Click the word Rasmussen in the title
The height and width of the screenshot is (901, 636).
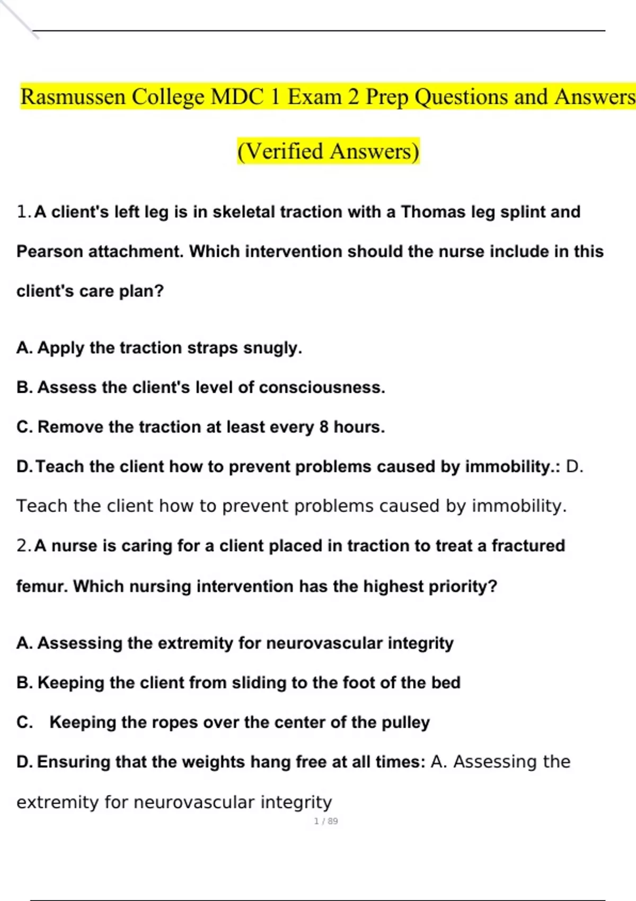[73, 97]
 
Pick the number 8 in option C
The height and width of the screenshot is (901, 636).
[324, 427]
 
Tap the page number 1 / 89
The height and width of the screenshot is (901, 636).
[326, 821]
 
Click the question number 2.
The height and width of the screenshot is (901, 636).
[23, 546]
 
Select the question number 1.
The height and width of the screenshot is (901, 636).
[23, 212]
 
